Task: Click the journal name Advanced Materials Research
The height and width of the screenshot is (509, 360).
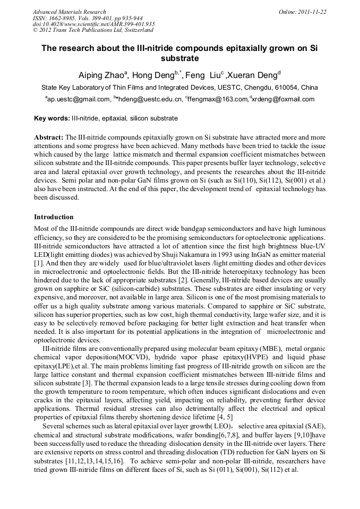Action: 69,12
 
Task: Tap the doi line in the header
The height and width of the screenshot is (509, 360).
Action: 93,24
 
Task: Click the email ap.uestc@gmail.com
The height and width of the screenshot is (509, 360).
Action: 78,99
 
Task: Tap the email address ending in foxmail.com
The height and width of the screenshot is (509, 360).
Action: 283,99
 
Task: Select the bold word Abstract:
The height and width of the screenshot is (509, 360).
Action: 49,137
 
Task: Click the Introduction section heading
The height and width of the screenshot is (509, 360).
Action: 54,217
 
